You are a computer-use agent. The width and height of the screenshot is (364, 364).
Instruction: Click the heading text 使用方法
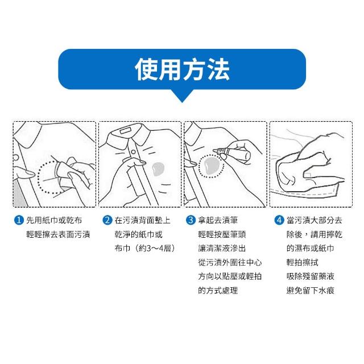pos(182,69)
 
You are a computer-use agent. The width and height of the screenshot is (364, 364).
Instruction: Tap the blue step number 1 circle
pos(19,220)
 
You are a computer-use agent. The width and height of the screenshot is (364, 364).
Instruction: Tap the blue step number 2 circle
pos(107,220)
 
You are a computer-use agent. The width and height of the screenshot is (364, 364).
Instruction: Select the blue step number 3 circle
pos(191,220)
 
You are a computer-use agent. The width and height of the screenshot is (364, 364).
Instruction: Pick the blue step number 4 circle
pos(279,220)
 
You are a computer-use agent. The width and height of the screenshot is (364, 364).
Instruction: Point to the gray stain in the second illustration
pos(158,168)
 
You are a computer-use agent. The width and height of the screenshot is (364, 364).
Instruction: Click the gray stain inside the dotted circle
pos(212,166)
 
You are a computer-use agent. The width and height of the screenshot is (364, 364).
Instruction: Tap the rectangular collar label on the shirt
pos(126,131)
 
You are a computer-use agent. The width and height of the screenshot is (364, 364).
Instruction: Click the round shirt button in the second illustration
pos(133,152)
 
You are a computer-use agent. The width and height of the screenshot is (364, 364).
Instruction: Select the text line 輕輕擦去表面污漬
pos(58,234)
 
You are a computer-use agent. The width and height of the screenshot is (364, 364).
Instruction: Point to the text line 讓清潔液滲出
pos(222,249)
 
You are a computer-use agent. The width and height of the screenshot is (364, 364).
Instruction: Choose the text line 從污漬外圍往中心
pos(230,263)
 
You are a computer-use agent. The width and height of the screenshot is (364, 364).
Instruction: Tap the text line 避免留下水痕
pos(311,291)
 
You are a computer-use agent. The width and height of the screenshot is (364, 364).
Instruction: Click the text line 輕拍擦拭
pos(302,263)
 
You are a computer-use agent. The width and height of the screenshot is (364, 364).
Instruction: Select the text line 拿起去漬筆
pos(218,220)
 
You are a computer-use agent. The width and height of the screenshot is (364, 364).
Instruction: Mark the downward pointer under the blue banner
pos(182,96)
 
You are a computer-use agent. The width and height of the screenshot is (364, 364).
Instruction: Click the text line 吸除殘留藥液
pos(311,276)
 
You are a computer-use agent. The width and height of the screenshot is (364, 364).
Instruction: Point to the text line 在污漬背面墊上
pos(142,220)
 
